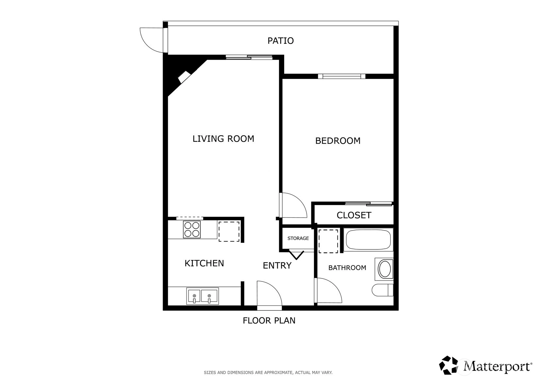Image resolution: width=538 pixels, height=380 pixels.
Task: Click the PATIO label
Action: coord(281,41)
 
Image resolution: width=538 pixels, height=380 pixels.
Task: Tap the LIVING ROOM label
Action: coord(223,139)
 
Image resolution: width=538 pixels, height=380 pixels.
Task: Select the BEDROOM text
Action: coord(338,141)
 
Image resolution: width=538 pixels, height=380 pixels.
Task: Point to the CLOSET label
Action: coord(354,215)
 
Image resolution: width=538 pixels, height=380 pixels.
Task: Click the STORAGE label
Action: coord(298,238)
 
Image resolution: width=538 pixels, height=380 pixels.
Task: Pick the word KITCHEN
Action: coord(204,263)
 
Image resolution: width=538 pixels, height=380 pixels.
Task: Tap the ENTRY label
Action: coord(277,265)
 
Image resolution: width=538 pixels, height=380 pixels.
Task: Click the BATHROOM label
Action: coord(347,268)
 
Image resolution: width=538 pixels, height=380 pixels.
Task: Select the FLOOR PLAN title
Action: coord(269,321)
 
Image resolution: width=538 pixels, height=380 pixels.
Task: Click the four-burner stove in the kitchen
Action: coord(192,230)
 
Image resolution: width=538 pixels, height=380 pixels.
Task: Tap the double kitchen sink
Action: coord(203,296)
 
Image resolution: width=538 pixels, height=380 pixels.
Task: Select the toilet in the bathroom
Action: coord(383,290)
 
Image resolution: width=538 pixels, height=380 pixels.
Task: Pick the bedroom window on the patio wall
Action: coord(342,76)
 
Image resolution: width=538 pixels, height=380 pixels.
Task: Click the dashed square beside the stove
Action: coord(229,231)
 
